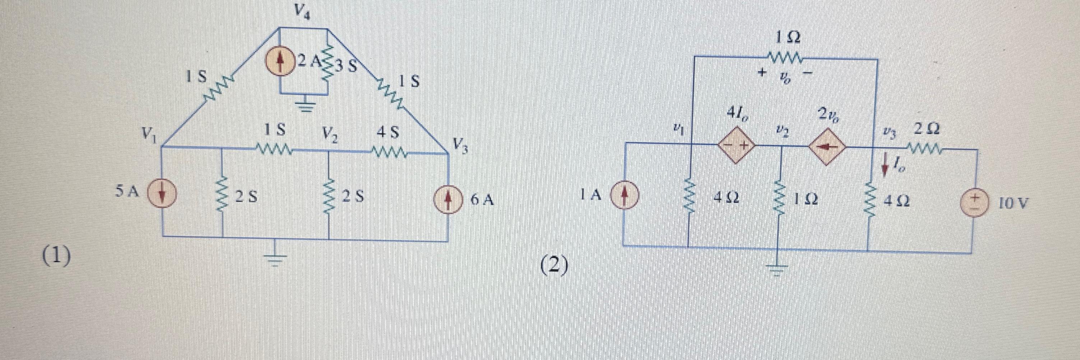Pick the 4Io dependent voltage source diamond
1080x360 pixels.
coord(737,145)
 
